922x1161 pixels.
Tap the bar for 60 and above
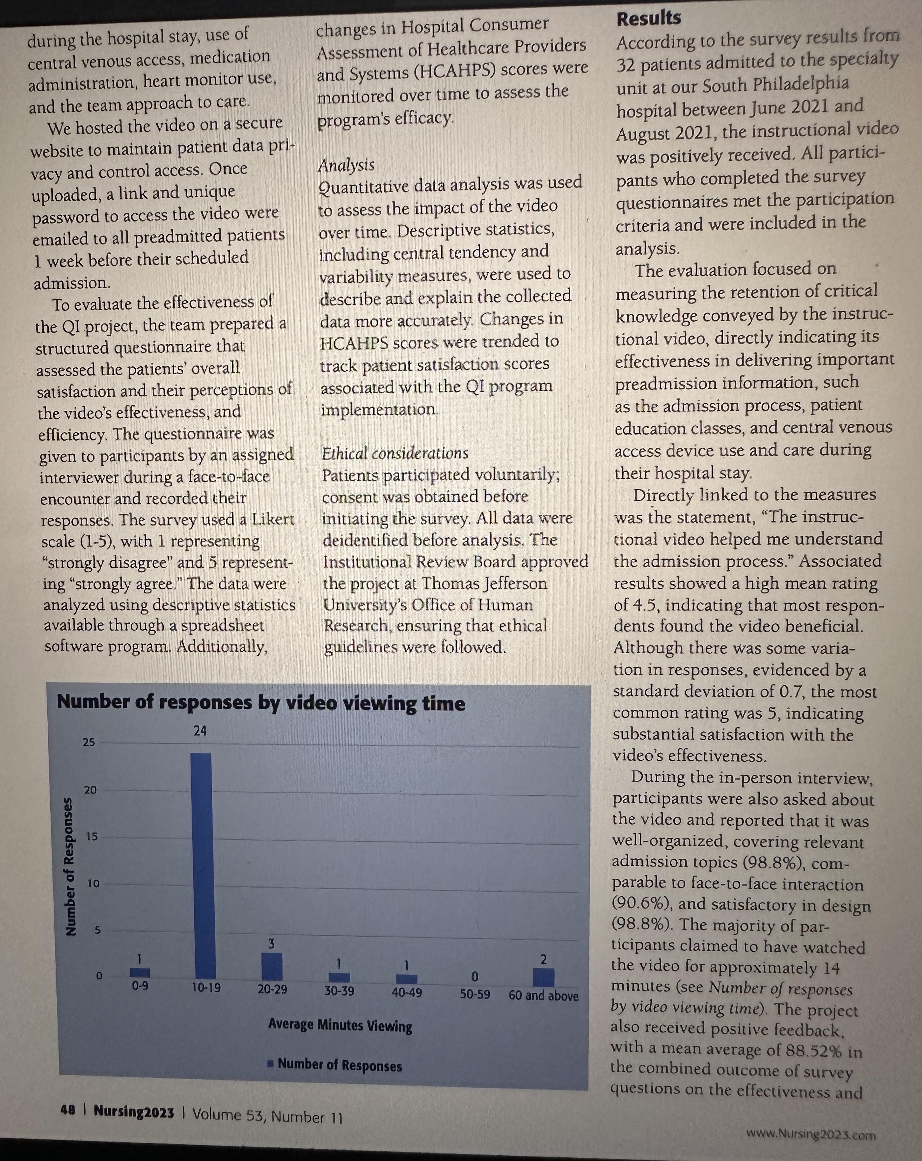tap(544, 978)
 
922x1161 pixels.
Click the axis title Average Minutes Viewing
tap(340, 1025)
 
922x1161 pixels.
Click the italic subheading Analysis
tap(346, 165)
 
